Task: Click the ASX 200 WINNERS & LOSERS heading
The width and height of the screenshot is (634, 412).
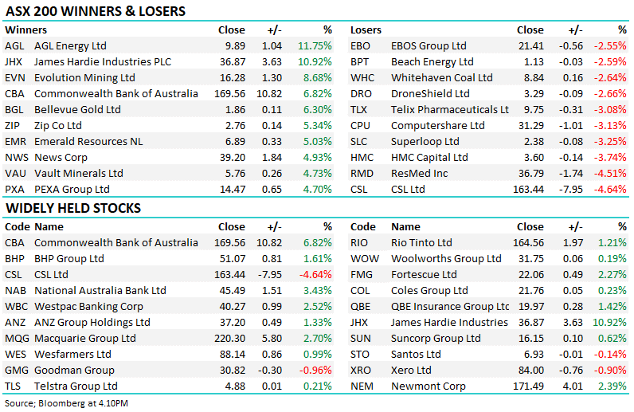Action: pos(95,12)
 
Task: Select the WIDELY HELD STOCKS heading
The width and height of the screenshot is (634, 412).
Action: pos(72,208)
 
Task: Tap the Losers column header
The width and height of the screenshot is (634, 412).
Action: pos(366,30)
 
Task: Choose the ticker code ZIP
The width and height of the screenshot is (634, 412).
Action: pos(14,126)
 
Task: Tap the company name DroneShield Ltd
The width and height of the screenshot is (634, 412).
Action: pos(431,94)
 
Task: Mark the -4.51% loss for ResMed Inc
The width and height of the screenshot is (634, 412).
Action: pos(610,174)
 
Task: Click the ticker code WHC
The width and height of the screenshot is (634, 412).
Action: pos(362,78)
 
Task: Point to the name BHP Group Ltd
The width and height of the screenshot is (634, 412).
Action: pos(69,259)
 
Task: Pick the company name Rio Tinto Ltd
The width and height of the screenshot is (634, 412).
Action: pos(421,243)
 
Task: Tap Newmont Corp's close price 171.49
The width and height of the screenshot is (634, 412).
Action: pos(528,386)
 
